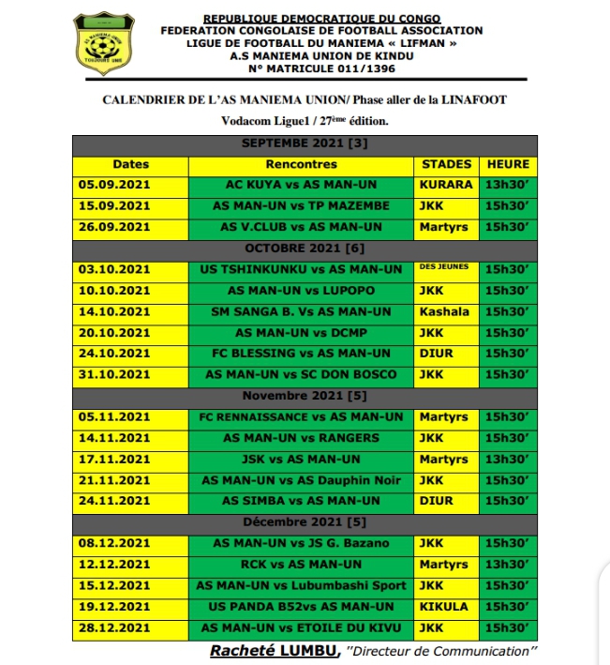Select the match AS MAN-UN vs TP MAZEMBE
pos(302,205)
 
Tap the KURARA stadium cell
pos(446,185)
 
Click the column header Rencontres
pos(302,164)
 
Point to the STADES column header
pos(446,164)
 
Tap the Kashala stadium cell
pos(446,311)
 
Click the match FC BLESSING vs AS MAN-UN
pos(302,354)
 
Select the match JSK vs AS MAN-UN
pos(302,459)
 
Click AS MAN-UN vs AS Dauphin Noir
pos(302,479)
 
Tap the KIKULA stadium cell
pos(446,606)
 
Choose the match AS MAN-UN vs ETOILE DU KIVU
pos(302,627)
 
